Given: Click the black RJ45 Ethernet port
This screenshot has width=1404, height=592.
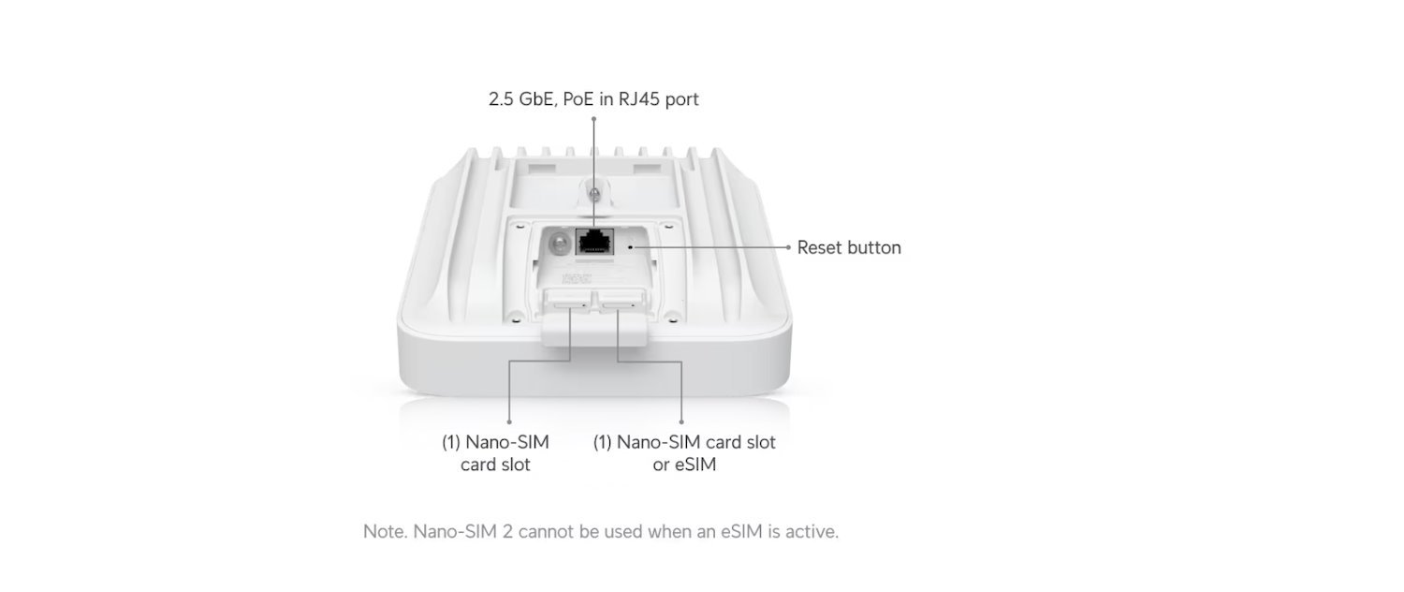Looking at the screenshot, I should pyautogui.click(x=593, y=242).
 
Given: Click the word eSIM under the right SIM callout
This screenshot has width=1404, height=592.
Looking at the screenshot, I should pyautogui.click(x=697, y=464).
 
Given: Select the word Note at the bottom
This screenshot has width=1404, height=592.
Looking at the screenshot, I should pyautogui.click(x=382, y=532).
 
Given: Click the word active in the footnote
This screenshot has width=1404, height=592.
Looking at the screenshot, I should pyautogui.click(x=813, y=532).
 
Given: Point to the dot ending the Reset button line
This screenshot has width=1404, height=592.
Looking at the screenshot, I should pyautogui.click(x=788, y=247).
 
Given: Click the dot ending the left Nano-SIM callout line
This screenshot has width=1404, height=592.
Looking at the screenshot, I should pyautogui.click(x=509, y=422).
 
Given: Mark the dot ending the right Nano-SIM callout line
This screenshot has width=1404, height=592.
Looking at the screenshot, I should pyautogui.click(x=681, y=422).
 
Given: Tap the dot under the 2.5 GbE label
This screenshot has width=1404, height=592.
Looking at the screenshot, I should pyautogui.click(x=593, y=119).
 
